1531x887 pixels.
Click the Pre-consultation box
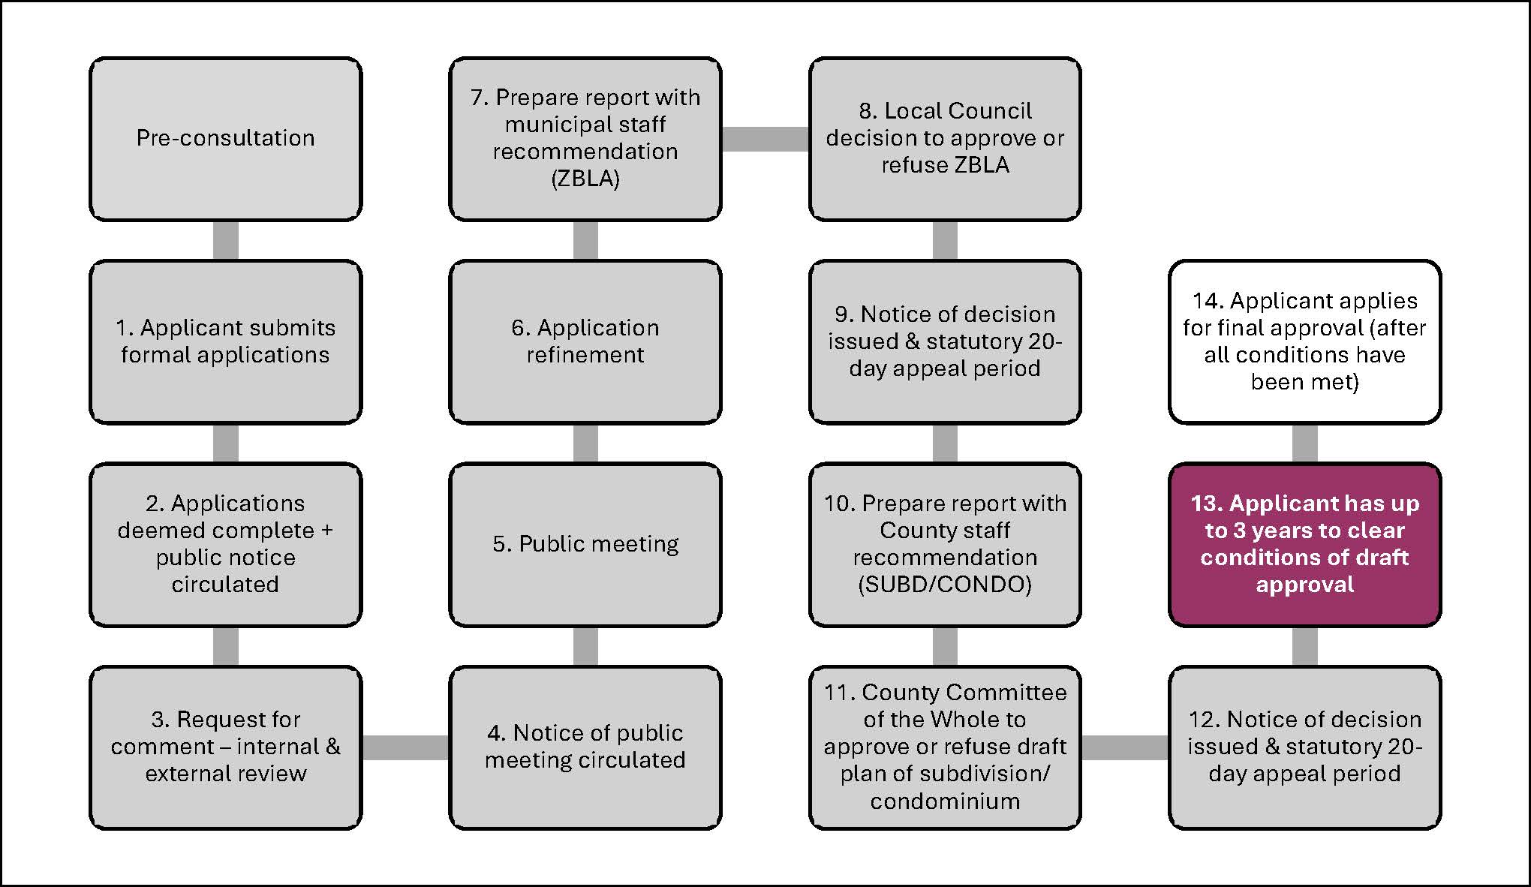pyautogui.click(x=225, y=139)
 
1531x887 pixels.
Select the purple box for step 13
pyautogui.click(x=1304, y=544)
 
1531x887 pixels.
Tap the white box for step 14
pyautogui.click(x=1304, y=341)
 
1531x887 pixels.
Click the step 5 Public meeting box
pyautogui.click(x=585, y=544)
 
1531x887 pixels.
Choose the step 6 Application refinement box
pyautogui.click(x=585, y=341)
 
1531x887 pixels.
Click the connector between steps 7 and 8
pyautogui.click(x=765, y=139)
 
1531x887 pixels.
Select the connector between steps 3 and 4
pyautogui.click(x=405, y=747)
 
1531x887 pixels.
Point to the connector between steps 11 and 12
pyautogui.click(x=1124, y=747)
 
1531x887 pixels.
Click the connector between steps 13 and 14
pyautogui.click(x=1304, y=443)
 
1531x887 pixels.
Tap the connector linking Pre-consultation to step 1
pyautogui.click(x=225, y=240)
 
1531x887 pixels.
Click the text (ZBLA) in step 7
pyautogui.click(x=585, y=179)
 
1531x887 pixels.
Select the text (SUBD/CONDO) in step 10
pyautogui.click(x=945, y=585)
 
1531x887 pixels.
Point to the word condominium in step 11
pyautogui.click(x=945, y=801)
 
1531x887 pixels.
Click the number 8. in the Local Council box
pyautogui.click(x=868, y=111)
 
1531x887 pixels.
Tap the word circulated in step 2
pyautogui.click(x=225, y=585)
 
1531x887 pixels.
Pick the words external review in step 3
pyautogui.click(x=225, y=774)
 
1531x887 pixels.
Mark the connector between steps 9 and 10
pyautogui.click(x=945, y=443)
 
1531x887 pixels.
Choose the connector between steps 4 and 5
pyautogui.click(x=585, y=646)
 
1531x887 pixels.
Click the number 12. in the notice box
pyautogui.click(x=1203, y=720)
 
